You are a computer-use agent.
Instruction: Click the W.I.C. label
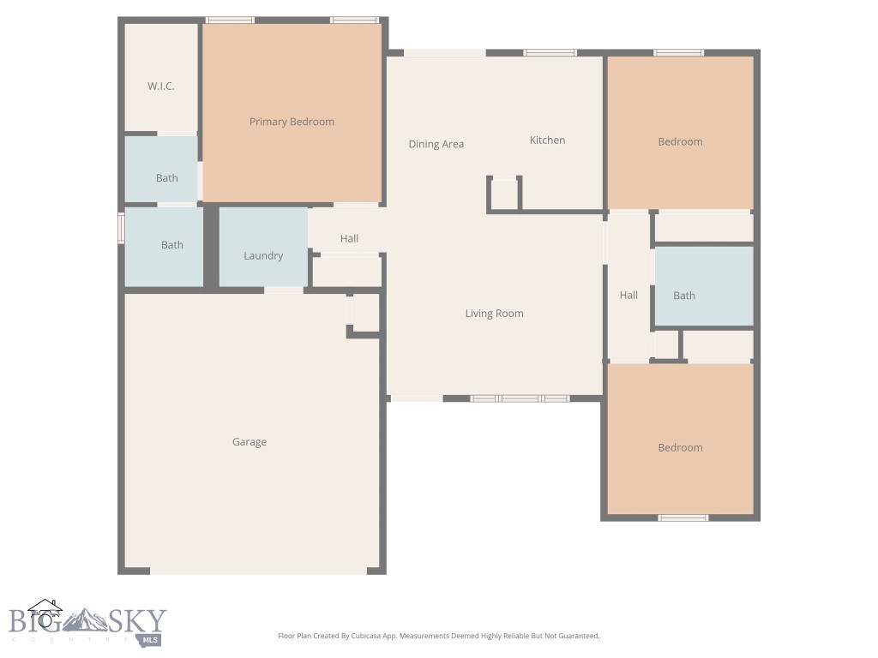point(161,87)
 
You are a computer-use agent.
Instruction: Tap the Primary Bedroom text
point(292,122)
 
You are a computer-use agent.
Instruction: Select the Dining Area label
point(436,144)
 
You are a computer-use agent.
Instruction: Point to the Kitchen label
point(547,141)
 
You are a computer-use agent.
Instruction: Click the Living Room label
point(494,314)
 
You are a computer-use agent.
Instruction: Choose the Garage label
point(250,442)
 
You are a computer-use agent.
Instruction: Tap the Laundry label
point(263,255)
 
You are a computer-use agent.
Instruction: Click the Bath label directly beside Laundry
point(172,245)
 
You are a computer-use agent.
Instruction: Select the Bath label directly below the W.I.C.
point(167,178)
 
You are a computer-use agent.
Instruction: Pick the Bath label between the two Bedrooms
point(684,296)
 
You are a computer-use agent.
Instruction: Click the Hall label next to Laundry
point(349,239)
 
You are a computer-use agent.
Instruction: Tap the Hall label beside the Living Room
point(628,296)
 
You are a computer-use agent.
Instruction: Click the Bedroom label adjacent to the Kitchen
point(680,142)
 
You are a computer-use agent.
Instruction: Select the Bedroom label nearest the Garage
point(680,448)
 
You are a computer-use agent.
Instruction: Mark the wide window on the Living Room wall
point(520,398)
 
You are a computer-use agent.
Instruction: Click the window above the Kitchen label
point(550,53)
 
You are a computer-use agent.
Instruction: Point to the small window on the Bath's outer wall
point(121,229)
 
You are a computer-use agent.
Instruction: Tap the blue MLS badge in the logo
point(152,639)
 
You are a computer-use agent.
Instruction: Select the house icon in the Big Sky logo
point(45,613)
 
